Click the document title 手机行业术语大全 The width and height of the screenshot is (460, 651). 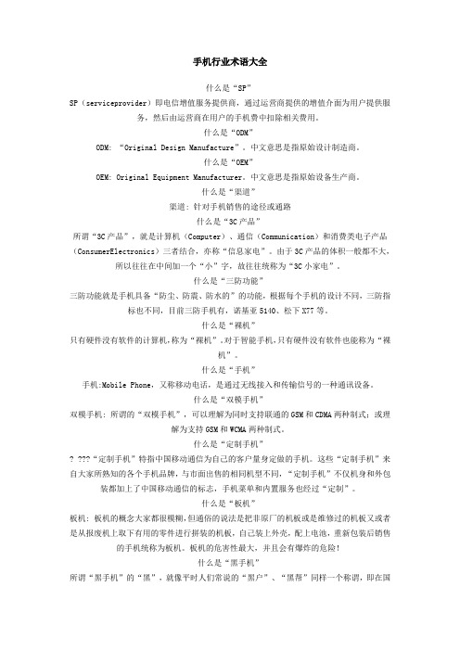229,61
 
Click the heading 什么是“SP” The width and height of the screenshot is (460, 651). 229,86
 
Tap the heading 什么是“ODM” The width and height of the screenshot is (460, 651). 229,133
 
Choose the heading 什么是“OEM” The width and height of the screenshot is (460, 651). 229,162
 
